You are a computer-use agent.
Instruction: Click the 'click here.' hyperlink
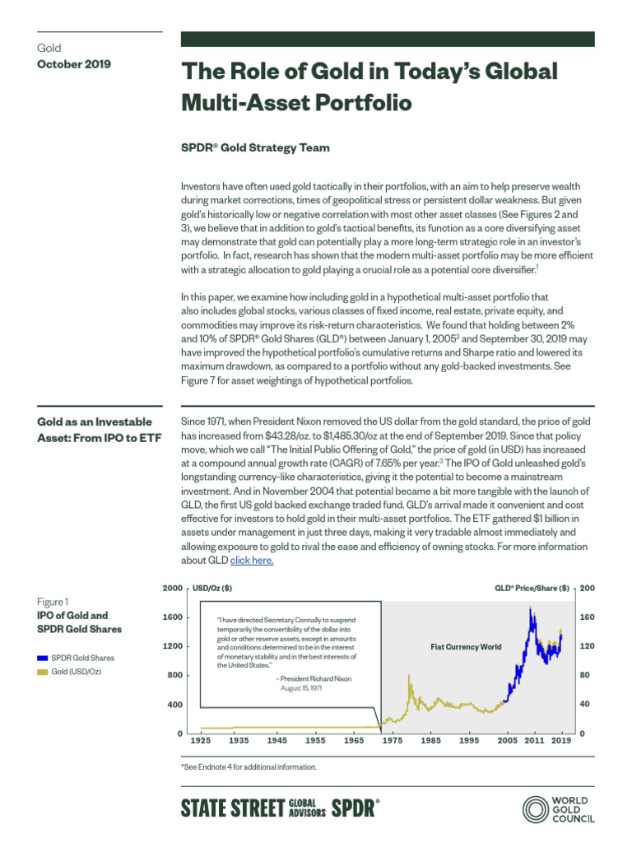[252, 561]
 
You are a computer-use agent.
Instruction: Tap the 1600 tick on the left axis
[171, 617]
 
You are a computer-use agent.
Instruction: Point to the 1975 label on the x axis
[392, 741]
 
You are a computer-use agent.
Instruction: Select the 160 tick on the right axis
[586, 617]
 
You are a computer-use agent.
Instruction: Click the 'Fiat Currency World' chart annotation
[466, 647]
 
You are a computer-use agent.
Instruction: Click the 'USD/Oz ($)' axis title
[211, 589]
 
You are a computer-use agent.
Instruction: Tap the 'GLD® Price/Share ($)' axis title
[532, 589]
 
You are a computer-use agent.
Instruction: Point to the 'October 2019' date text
[74, 63]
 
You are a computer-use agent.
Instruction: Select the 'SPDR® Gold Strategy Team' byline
[255, 148]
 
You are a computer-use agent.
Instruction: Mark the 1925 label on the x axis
[200, 741]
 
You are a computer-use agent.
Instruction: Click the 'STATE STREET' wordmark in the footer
[232, 808]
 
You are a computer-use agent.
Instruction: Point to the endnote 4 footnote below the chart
[248, 766]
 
